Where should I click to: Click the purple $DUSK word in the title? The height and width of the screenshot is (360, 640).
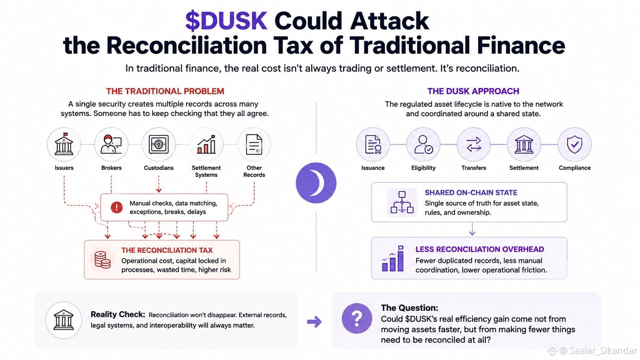coord(226,21)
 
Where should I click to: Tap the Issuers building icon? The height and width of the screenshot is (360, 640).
coord(64,144)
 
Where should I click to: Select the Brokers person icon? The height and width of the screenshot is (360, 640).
coord(111,144)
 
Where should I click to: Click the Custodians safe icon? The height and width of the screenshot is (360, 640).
coord(158,144)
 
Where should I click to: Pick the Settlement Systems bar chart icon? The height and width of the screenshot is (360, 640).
coord(206,144)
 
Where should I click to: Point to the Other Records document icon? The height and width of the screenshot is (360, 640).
coord(254,144)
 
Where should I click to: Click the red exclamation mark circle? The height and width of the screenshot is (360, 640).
coord(117,207)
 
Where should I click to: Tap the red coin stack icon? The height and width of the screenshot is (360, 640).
coord(102,260)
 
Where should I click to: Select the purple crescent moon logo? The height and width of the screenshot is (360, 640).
coord(316,183)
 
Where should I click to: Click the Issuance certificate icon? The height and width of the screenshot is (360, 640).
coord(373,145)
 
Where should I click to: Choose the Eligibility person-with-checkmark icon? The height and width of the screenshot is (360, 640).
coord(423,145)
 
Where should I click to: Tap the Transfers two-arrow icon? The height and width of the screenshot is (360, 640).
coord(474,145)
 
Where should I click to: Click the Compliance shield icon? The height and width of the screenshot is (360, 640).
coord(575,145)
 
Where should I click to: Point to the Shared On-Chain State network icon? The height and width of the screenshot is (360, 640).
coord(402,202)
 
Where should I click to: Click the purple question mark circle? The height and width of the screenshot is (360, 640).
coord(357,318)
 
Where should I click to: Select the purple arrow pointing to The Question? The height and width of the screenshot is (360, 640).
coord(314,322)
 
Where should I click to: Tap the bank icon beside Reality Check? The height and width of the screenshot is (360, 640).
coord(64,320)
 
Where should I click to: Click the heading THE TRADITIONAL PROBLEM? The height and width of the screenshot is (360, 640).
coord(165,91)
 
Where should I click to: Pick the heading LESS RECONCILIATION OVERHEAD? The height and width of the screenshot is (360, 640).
coord(480,249)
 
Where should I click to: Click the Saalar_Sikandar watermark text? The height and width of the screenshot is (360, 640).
coord(603,350)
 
